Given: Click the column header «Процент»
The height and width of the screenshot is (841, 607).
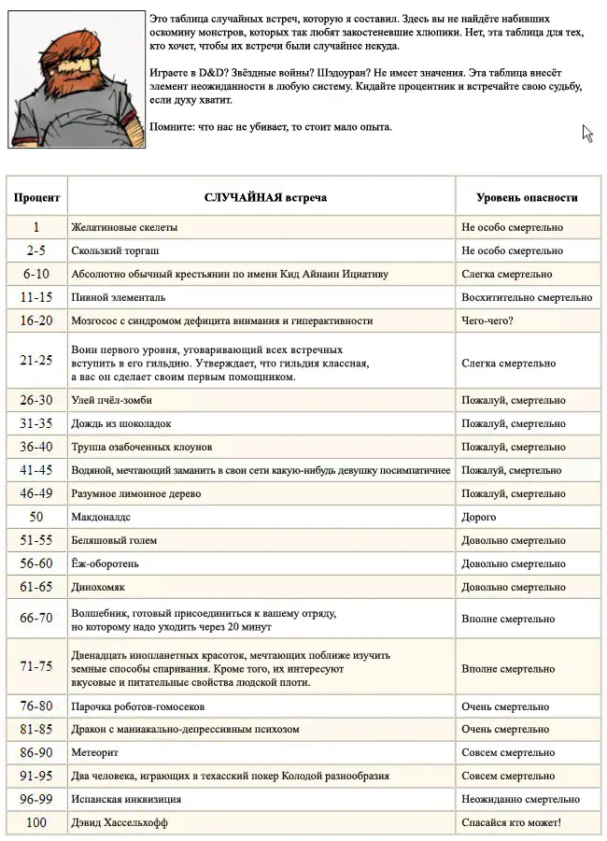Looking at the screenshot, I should pyautogui.click(x=36, y=198).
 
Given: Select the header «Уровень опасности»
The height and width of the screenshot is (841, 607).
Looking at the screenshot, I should pyautogui.click(x=527, y=198).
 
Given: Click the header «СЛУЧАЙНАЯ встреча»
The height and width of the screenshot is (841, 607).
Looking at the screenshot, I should pyautogui.click(x=265, y=198).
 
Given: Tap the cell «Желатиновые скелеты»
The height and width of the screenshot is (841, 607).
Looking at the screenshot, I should pyautogui.click(x=124, y=227).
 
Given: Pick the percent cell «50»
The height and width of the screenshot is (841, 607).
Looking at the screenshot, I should pyautogui.click(x=36, y=517).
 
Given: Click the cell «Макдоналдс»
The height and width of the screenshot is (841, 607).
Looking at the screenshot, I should pyautogui.click(x=102, y=517).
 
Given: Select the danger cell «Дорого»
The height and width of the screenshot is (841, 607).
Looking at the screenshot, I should pyautogui.click(x=479, y=517).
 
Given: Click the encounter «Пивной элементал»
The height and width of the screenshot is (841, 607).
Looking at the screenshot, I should pyautogui.click(x=119, y=297).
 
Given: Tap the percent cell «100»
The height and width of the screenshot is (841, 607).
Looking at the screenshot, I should pyautogui.click(x=36, y=822).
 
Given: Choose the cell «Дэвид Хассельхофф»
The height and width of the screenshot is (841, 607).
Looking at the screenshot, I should pyautogui.click(x=122, y=822).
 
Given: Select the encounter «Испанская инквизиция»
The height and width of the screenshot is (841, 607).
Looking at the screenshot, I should pyautogui.click(x=126, y=799).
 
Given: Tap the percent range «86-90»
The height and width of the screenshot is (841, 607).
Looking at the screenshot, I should pyautogui.click(x=36, y=752).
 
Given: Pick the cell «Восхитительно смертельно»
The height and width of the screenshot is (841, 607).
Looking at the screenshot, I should pyautogui.click(x=526, y=297).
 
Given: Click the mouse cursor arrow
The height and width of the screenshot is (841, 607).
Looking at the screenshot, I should pyautogui.click(x=587, y=133).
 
